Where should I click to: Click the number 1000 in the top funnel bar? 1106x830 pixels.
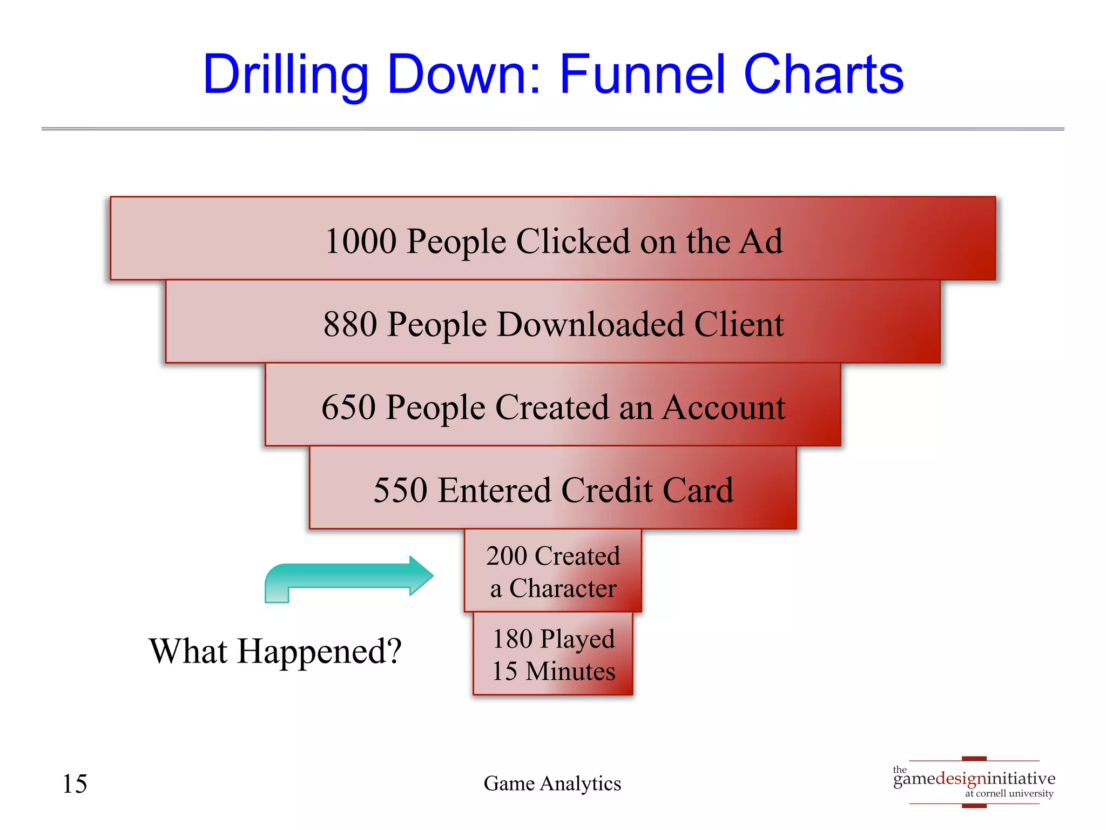[361, 241]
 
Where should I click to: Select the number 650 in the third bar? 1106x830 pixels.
[348, 407]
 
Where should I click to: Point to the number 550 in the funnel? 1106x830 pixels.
[400, 491]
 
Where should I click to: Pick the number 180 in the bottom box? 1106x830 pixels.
[512, 639]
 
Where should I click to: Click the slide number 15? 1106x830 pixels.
[75, 784]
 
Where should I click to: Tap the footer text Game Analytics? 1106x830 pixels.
[552, 784]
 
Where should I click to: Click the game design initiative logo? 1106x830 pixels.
[974, 782]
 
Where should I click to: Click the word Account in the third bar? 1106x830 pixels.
[724, 407]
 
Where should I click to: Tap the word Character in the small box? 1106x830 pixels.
[562, 588]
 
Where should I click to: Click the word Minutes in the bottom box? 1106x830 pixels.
[570, 672]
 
